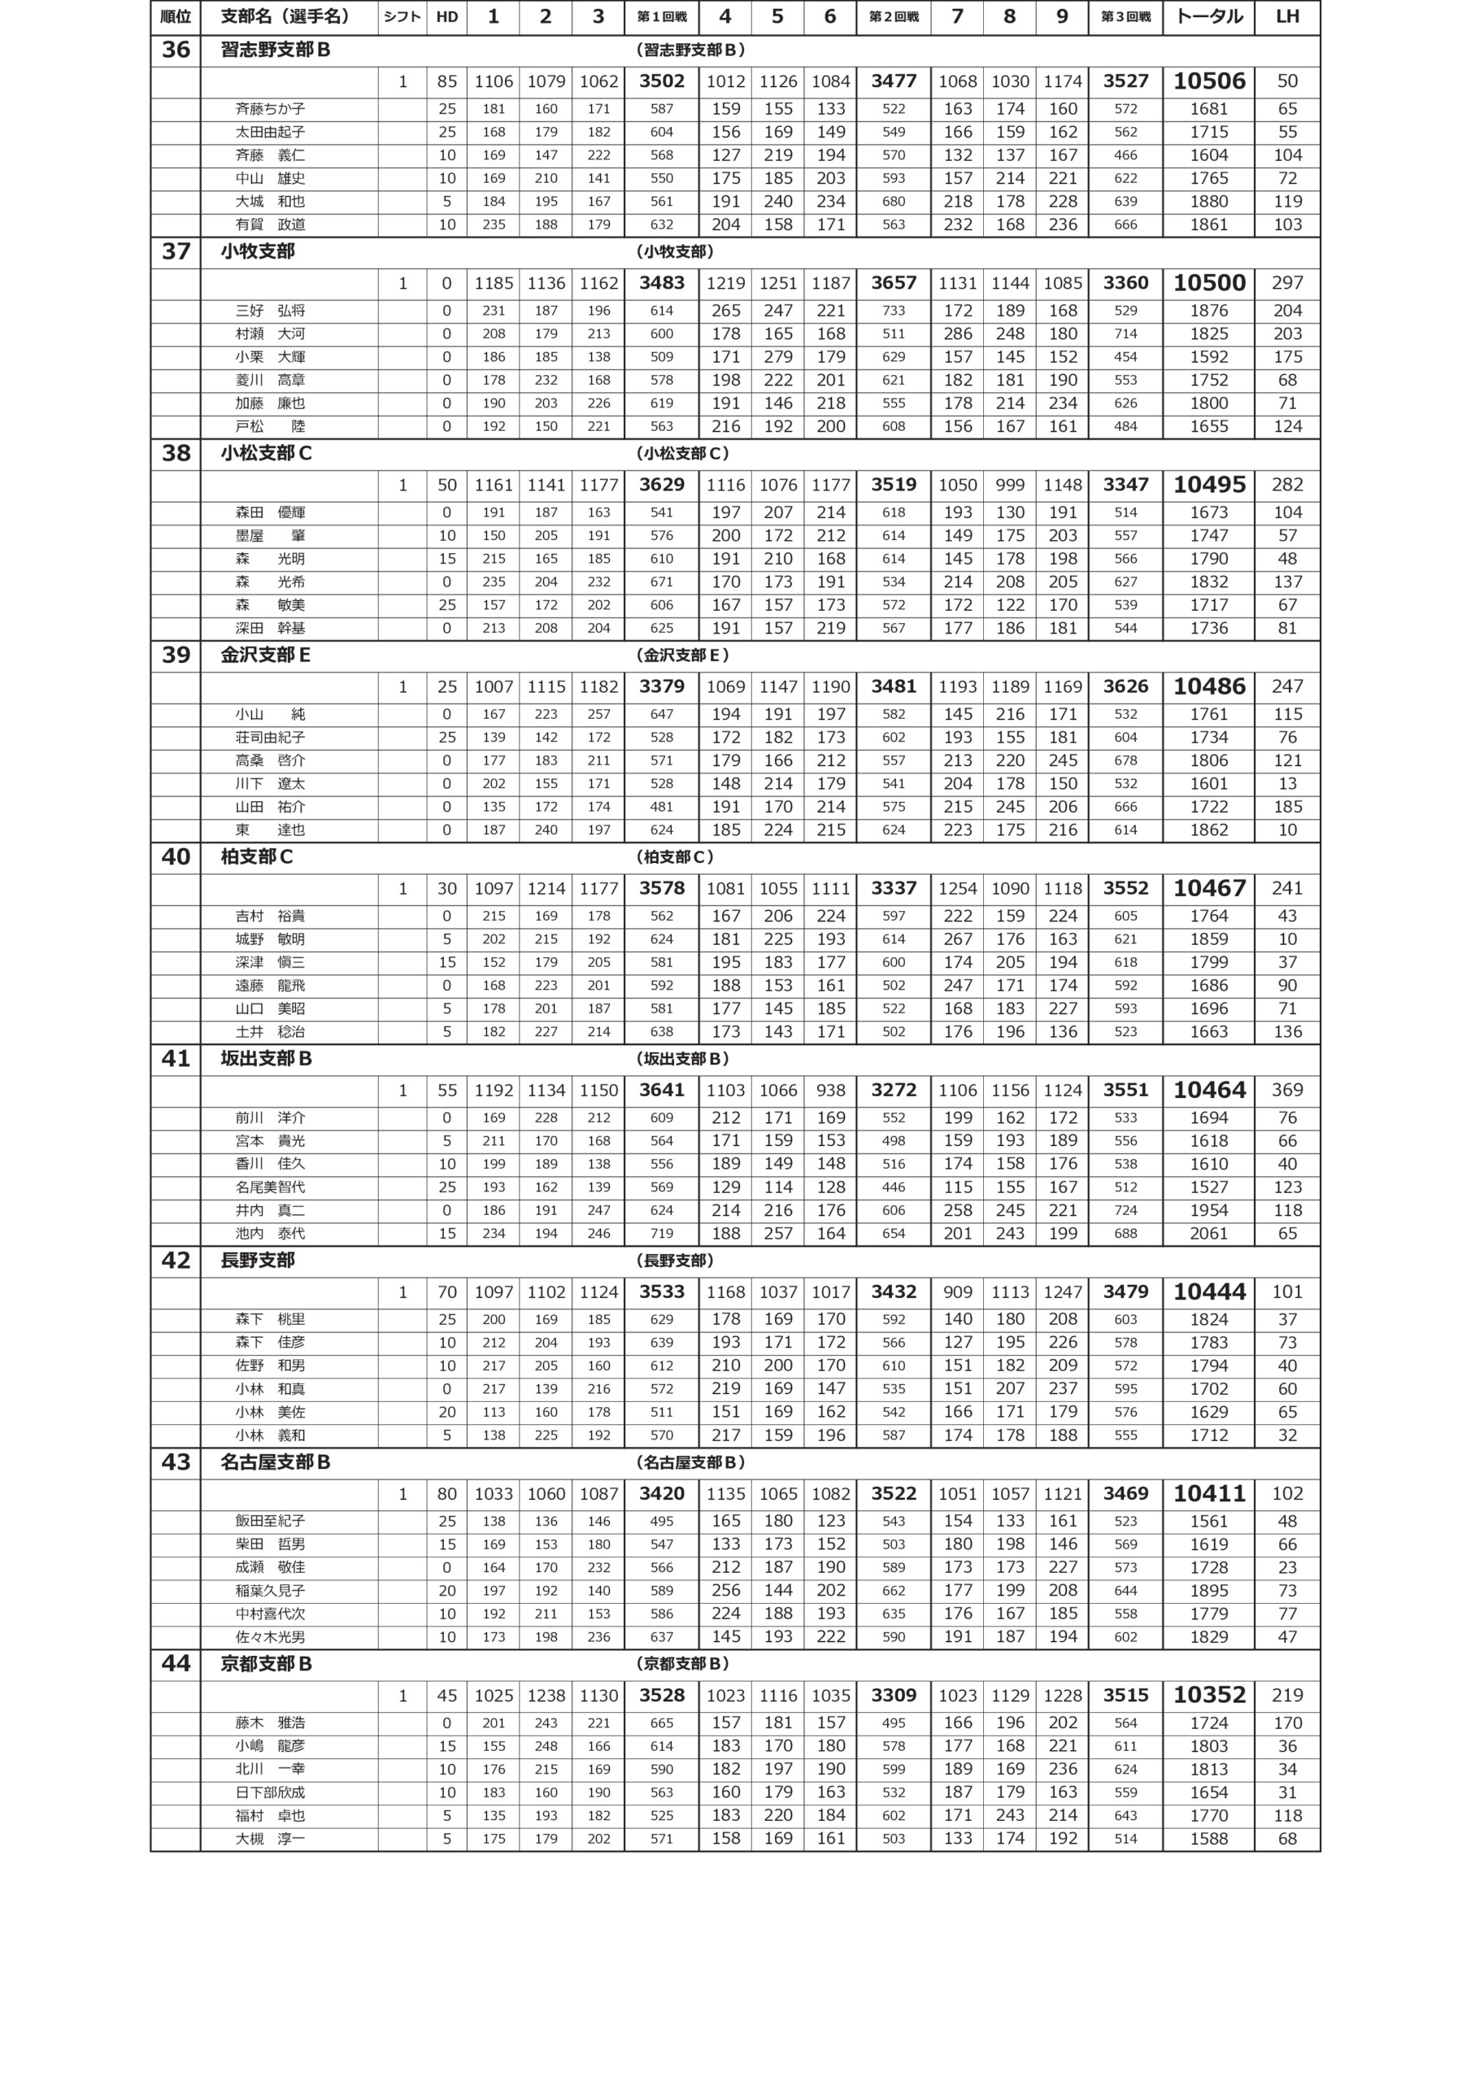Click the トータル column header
click(x=1208, y=17)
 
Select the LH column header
click(x=1287, y=17)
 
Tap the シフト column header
click(x=402, y=17)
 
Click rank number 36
click(x=175, y=50)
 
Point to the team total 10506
click(x=1208, y=81)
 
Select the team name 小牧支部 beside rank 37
click(x=258, y=251)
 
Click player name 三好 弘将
click(x=270, y=311)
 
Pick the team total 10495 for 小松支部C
click(x=1208, y=486)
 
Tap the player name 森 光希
click(x=270, y=582)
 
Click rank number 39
click(x=175, y=655)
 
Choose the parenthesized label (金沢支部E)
click(x=682, y=655)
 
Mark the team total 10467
click(x=1208, y=889)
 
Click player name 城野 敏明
click(x=270, y=939)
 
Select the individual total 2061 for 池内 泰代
click(x=1208, y=1233)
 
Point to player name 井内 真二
click(x=270, y=1211)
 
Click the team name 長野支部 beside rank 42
click(x=258, y=1261)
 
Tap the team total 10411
click(x=1208, y=1493)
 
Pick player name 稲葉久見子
click(x=270, y=1591)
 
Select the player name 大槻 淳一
click(x=270, y=1839)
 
